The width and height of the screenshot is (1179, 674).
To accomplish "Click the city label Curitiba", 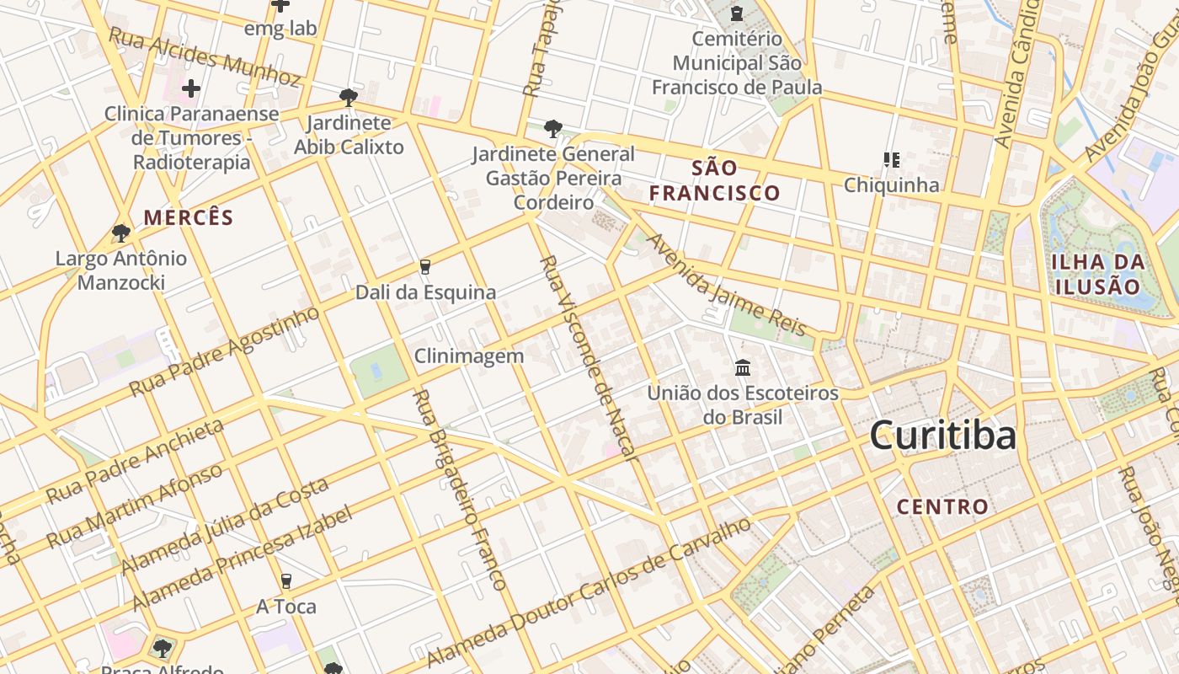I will click(942, 436).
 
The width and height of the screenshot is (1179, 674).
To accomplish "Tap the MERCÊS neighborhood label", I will click(189, 217).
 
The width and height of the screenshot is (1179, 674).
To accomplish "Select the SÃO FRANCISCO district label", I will click(714, 180).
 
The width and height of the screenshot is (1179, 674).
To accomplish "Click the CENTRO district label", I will click(942, 506).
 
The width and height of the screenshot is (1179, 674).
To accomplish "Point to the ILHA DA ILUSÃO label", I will click(1098, 273).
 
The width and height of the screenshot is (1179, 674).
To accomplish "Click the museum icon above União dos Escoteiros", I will click(743, 368).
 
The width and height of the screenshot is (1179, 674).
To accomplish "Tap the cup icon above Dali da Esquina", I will click(425, 267).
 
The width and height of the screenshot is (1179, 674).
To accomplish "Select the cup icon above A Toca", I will click(286, 581).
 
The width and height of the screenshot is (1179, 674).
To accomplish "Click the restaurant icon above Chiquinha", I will click(891, 159).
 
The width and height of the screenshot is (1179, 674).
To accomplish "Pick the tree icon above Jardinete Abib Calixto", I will click(348, 98).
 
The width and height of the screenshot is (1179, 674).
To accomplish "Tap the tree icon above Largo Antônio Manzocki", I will click(121, 233).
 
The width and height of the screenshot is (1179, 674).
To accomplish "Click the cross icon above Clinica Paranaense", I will click(191, 88).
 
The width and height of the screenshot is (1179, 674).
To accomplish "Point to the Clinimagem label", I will click(469, 356).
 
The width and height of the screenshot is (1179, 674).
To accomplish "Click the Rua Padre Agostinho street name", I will click(224, 350).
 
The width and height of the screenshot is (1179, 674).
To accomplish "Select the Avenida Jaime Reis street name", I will click(726, 284).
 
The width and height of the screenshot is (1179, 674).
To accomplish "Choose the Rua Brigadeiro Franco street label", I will click(461, 489).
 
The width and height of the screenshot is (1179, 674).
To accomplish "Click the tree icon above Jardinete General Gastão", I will click(552, 129).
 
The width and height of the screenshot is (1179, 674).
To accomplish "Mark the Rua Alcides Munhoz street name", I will click(205, 58).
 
